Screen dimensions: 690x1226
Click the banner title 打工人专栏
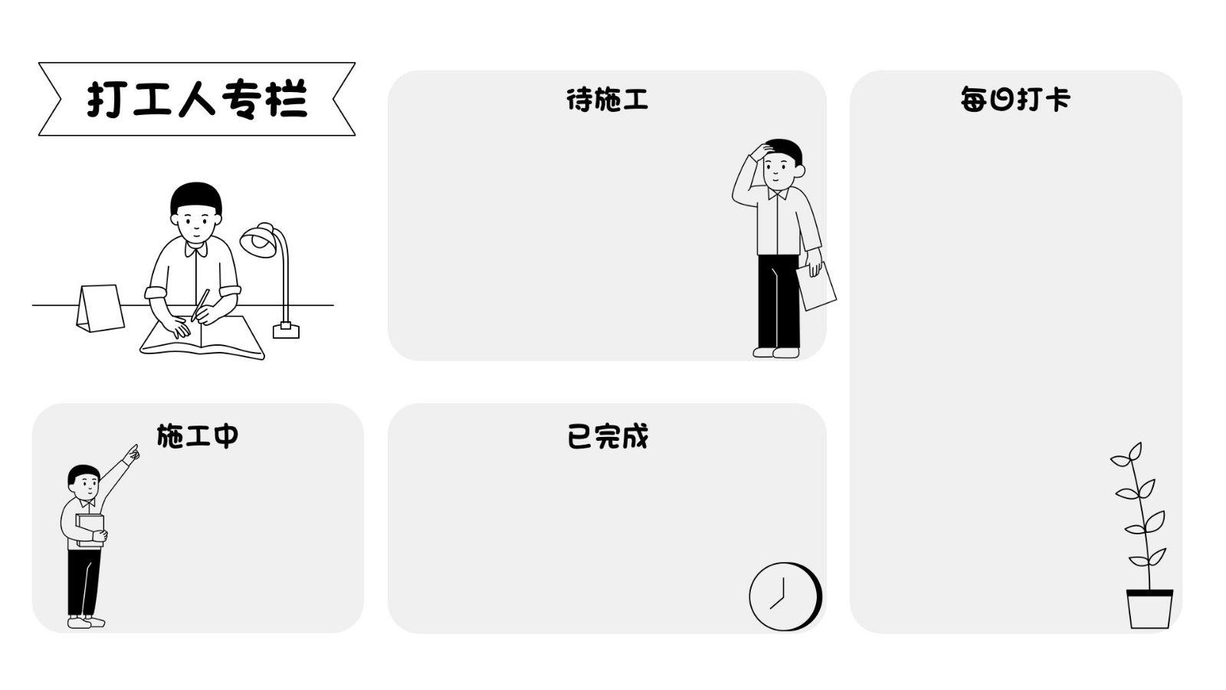(197, 99)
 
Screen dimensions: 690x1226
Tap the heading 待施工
(607, 100)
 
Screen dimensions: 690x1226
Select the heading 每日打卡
(1015, 100)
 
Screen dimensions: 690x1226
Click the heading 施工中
(198, 435)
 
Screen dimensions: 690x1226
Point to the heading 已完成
(607, 436)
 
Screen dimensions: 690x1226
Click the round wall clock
(784, 596)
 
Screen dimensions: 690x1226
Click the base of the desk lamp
(286, 330)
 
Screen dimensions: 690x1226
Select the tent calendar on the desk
(100, 308)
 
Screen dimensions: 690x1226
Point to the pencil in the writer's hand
(201, 304)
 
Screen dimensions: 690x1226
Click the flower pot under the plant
(1149, 609)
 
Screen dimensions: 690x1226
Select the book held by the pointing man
(90, 529)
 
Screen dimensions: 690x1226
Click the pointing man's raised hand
(132, 453)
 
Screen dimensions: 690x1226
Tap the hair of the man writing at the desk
(196, 196)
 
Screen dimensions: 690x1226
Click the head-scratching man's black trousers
(778, 303)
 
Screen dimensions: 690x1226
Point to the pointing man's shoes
(85, 622)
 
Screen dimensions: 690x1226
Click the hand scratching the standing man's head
(761, 151)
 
